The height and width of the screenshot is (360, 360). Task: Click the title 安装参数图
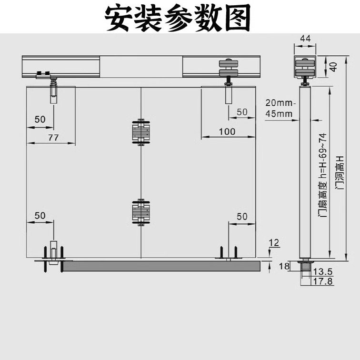pos(178,18)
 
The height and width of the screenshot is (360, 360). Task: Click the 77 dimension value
pos(53,138)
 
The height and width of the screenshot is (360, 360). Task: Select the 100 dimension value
pos(227,131)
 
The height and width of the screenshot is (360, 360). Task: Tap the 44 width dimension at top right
pos(305,39)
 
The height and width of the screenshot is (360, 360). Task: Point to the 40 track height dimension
pos(333,67)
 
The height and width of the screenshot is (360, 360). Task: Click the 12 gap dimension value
pos(274,243)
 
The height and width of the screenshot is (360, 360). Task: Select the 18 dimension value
pos(284,266)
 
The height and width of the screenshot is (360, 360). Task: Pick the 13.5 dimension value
pos(323,272)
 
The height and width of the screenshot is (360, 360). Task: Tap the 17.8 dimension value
pos(323,281)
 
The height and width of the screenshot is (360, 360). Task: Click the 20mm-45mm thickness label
pos(279,108)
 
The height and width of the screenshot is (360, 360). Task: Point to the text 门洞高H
pos(340,173)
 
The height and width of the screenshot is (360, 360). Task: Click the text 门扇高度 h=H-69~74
pos(322,175)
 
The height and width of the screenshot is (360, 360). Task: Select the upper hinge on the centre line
pos(141,132)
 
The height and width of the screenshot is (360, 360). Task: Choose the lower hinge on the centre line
pos(141,212)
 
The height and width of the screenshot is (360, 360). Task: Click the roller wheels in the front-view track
pos(229,68)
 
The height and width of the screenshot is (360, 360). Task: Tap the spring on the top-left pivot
pos(53,82)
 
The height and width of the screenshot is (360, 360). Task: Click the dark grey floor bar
pos(161,266)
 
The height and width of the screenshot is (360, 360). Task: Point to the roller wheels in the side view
pos(305,68)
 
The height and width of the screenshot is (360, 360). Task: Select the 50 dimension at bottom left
pos(40,216)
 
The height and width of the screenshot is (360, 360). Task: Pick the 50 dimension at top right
pos(242,112)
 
